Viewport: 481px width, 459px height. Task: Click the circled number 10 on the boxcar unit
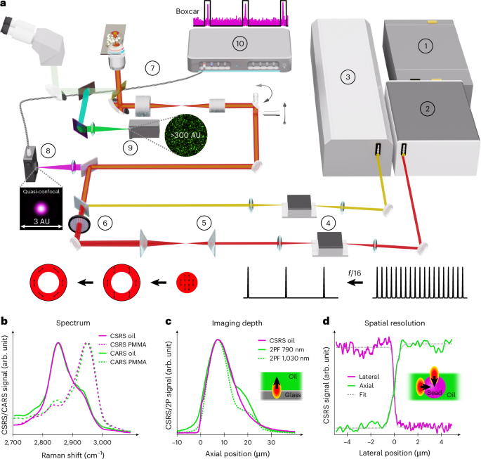239,44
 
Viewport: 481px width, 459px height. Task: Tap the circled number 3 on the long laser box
348,77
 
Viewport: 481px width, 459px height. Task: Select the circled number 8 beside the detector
48,150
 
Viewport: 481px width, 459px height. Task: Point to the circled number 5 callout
204,223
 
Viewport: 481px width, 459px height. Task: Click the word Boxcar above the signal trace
187,11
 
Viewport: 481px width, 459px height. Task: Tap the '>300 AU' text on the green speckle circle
186,135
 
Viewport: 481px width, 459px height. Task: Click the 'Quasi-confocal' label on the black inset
41,192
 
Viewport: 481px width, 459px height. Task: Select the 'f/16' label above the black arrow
355,273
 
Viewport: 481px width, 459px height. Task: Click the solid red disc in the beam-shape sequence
187,282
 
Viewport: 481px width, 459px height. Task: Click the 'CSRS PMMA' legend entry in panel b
128,345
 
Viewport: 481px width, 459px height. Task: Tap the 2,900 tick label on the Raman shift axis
72,442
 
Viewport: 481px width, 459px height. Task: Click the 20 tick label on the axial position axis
248,442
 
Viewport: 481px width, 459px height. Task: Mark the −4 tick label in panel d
347,442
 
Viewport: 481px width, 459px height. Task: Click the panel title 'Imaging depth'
237,323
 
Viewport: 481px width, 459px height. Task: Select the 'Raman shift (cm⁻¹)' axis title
73,455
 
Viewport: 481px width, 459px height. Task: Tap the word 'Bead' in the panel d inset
435,393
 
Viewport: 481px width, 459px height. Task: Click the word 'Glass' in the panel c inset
293,395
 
